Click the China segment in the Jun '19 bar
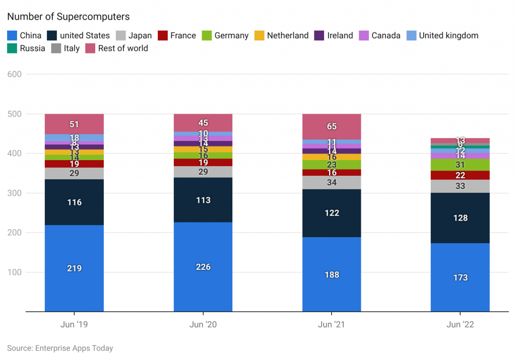coord(74,268)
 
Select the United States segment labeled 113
coord(203,200)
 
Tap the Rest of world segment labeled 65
coord(332,126)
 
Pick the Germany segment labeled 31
coord(460,165)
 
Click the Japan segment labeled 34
coord(332,182)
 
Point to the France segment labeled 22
coord(460,175)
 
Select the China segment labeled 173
coord(460,277)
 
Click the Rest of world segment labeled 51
coord(74,124)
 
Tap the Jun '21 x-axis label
coord(332,325)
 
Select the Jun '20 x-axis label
coord(203,325)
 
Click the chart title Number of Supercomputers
coord(69,17)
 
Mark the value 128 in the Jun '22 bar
coord(460,218)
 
